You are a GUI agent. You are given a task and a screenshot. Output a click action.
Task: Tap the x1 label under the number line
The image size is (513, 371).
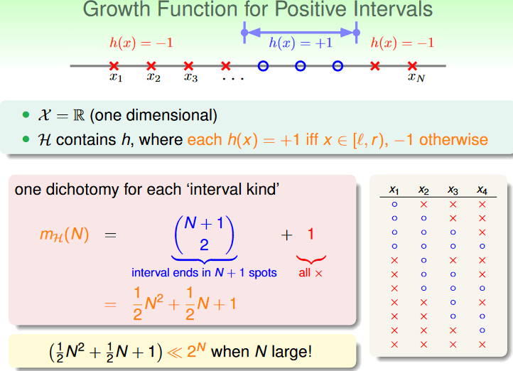coord(116,77)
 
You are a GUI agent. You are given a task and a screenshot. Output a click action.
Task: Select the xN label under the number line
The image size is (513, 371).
coord(416,77)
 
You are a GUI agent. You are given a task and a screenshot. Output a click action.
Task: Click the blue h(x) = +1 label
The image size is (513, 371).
coord(301,43)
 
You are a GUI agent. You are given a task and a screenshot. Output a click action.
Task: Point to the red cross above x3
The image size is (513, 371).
coord(188,66)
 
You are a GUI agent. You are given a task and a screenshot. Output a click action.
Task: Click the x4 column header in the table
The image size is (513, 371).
coord(482,190)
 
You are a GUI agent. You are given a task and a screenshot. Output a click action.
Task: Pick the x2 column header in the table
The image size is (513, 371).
coord(423,190)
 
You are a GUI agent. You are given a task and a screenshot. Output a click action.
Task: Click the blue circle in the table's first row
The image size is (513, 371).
coord(394,205)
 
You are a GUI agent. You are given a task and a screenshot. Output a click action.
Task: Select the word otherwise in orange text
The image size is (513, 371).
coord(453,140)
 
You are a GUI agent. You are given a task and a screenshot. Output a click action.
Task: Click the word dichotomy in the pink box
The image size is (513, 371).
coord(82,190)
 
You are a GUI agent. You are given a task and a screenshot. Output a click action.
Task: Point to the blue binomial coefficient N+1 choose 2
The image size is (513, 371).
coord(204,235)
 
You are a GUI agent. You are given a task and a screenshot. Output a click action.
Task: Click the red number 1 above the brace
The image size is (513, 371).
coord(310,235)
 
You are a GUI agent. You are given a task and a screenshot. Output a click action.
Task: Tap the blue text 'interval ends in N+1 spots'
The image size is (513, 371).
coord(204,273)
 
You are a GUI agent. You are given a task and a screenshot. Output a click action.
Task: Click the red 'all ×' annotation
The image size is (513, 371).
coord(310,273)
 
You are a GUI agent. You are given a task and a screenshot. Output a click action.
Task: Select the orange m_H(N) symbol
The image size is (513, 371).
coord(65,235)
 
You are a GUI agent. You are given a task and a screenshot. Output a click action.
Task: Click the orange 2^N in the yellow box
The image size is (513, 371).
coord(196,351)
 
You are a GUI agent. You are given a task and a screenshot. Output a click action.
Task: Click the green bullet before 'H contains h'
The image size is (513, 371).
coord(26,139)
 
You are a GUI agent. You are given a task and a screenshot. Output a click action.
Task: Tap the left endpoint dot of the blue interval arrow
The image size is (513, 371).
coord(244,33)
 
